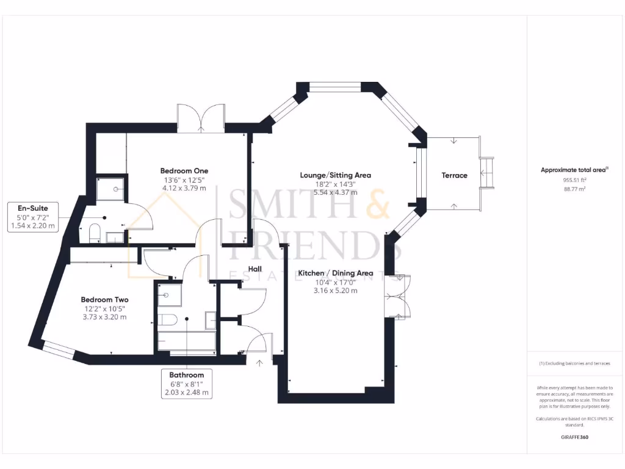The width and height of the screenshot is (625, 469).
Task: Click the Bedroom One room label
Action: point(184,171)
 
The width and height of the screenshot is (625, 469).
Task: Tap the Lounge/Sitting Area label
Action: point(335,175)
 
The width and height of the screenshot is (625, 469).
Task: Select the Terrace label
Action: point(454,175)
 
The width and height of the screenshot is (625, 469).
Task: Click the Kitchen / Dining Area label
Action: point(335,273)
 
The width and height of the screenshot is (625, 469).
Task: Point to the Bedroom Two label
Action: point(104,300)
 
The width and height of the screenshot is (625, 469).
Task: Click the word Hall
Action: point(255,269)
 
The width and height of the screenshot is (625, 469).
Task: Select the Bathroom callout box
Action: point(187,383)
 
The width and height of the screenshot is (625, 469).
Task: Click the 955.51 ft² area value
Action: point(574,180)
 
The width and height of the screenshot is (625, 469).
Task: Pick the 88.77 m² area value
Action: point(574,189)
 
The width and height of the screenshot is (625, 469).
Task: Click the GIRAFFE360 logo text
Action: point(574,437)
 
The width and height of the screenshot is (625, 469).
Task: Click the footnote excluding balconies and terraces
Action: point(574,363)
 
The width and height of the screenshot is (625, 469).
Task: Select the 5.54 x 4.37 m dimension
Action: point(335,192)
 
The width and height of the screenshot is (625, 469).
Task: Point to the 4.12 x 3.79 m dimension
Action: point(184,188)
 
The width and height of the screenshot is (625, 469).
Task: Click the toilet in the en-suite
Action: point(94,233)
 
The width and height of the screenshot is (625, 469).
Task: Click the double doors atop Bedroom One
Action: point(201,117)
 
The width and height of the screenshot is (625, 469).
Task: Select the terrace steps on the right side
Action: point(487,173)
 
